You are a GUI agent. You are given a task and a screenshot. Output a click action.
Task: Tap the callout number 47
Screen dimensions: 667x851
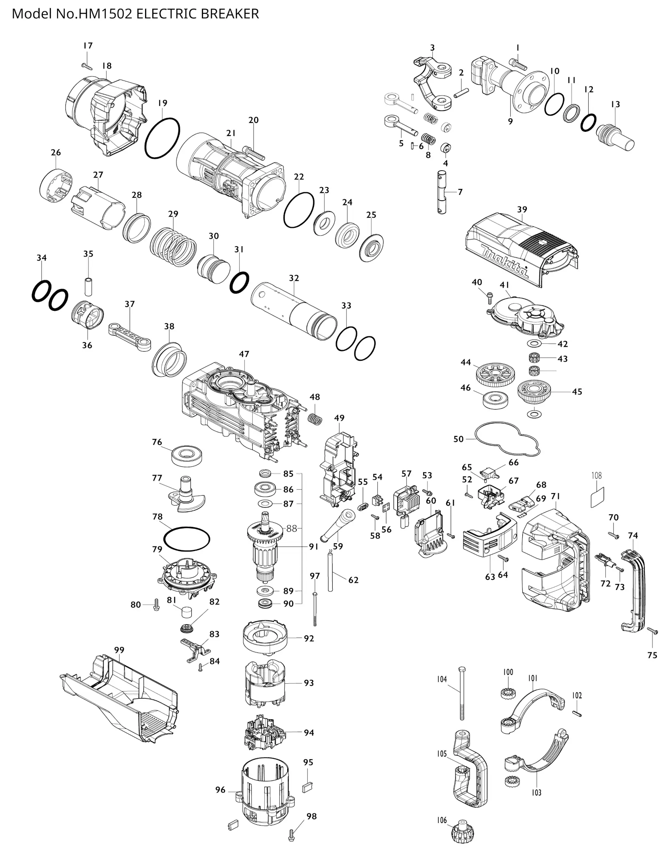[244, 354]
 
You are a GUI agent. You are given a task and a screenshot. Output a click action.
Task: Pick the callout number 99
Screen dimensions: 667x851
[119, 650]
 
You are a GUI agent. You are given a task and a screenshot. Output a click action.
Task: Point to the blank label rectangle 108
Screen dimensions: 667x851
[597, 497]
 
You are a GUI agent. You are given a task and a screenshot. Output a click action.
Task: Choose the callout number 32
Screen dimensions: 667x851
[294, 278]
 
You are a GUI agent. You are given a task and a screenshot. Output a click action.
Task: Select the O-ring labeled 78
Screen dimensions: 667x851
[186, 539]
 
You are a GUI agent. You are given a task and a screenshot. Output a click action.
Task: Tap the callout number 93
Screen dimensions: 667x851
[308, 682]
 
